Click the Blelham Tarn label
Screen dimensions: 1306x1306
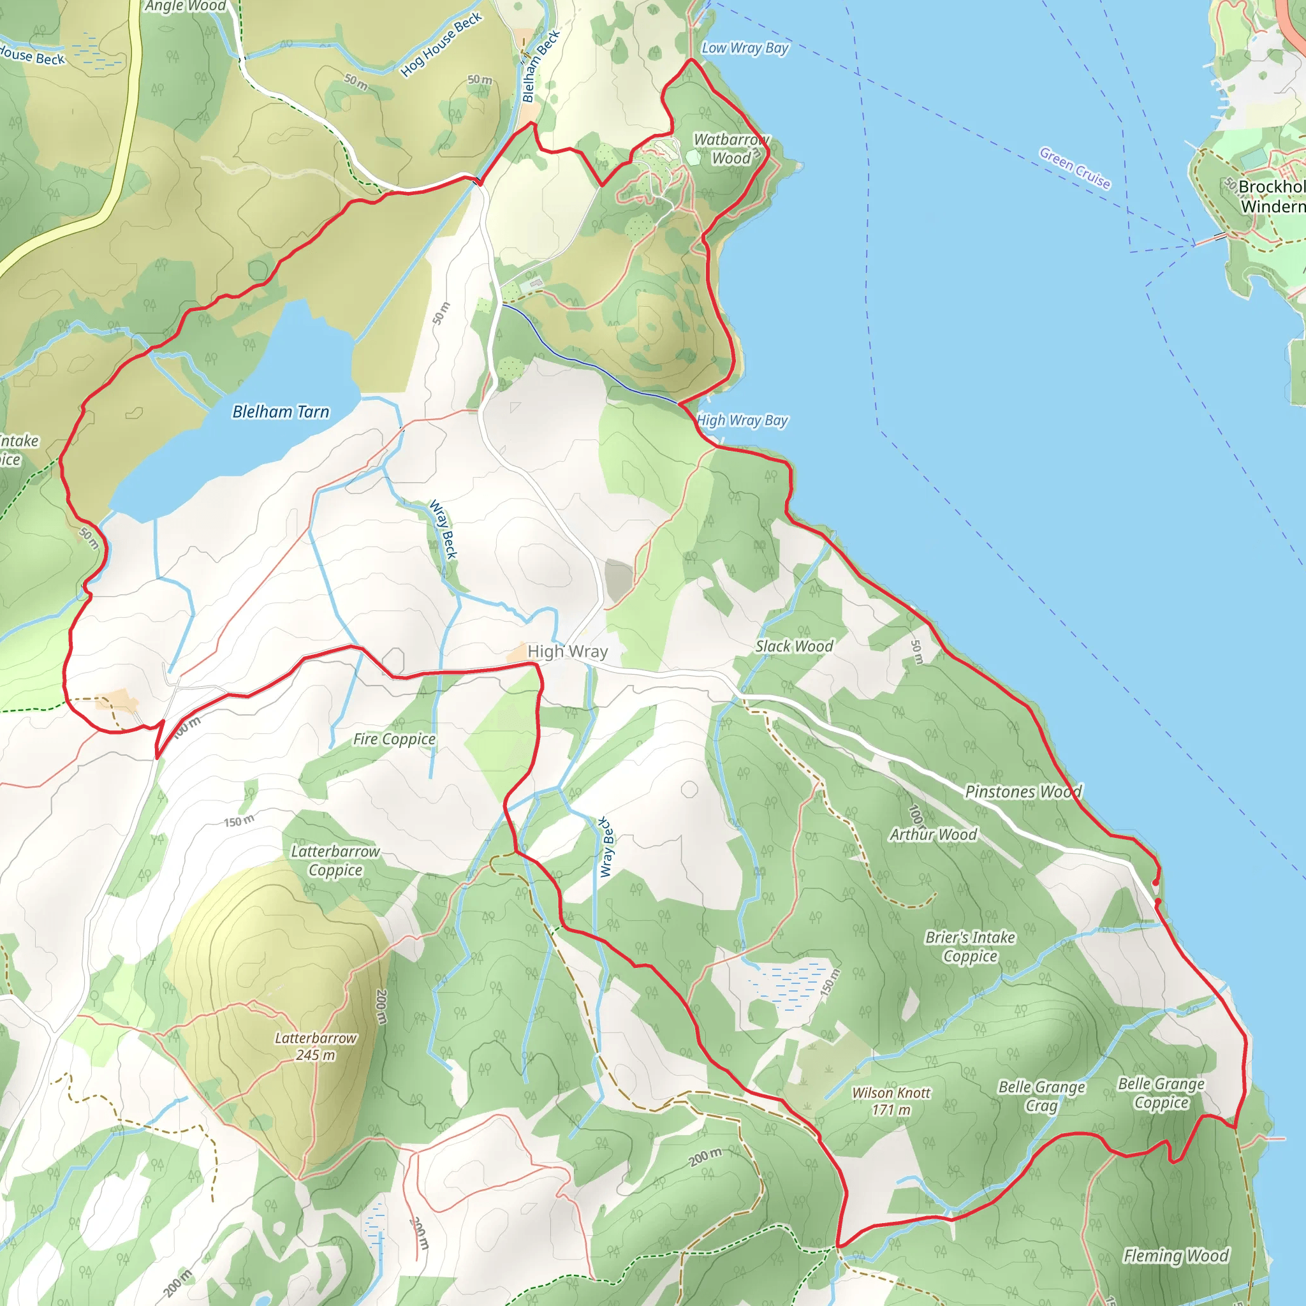pyautogui.click(x=281, y=412)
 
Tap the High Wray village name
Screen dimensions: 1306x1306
pyautogui.click(x=567, y=652)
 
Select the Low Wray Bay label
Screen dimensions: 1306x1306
pyautogui.click(x=744, y=48)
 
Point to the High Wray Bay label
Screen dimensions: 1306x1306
pyautogui.click(x=742, y=420)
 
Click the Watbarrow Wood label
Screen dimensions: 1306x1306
pyautogui.click(x=731, y=149)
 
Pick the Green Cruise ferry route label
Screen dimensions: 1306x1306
pyautogui.click(x=1075, y=168)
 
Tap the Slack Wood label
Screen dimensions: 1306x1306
pyautogui.click(x=795, y=646)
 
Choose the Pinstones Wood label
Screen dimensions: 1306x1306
pyautogui.click(x=1023, y=791)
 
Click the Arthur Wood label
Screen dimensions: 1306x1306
pyautogui.click(x=933, y=835)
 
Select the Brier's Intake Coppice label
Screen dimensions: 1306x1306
pyautogui.click(x=970, y=946)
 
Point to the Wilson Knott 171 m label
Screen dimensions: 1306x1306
pyautogui.click(x=891, y=1101)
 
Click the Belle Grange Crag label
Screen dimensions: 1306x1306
pyautogui.click(x=1042, y=1096)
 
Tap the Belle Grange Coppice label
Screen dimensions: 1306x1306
pyautogui.click(x=1161, y=1093)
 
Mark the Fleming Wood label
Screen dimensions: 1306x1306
pyautogui.click(x=1175, y=1256)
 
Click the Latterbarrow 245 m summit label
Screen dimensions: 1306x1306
pyautogui.click(x=315, y=1046)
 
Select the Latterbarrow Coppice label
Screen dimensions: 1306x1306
pyautogui.click(x=335, y=860)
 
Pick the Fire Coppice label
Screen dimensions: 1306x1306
pyautogui.click(x=394, y=740)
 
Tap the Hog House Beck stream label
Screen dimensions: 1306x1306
pyautogui.click(x=441, y=45)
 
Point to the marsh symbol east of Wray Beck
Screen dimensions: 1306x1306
pyautogui.click(x=791, y=984)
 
